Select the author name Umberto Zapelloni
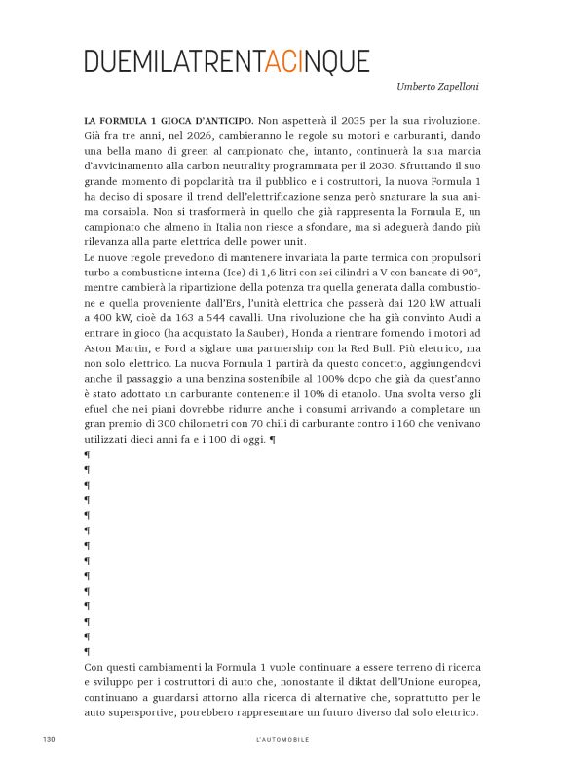coord(437,87)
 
